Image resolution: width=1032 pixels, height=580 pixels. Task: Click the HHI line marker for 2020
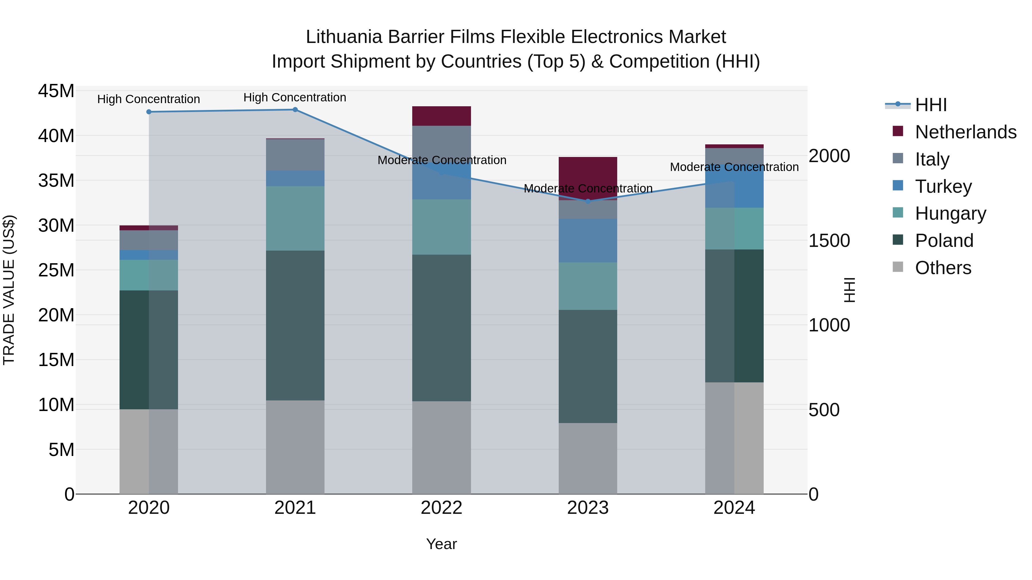[148, 112]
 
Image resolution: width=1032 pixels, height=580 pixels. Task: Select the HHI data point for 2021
[295, 109]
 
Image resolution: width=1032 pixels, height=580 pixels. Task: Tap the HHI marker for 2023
[588, 201]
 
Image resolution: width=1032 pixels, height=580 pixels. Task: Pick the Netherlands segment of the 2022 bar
[441, 116]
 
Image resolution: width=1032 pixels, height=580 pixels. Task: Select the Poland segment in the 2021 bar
[295, 325]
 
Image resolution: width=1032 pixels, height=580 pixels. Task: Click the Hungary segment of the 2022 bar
[441, 227]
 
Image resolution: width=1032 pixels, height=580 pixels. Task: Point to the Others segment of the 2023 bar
[588, 458]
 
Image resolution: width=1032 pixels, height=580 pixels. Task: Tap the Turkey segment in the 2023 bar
[588, 240]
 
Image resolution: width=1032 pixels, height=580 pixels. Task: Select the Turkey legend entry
[943, 186]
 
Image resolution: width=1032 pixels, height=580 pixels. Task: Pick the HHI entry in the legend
[931, 105]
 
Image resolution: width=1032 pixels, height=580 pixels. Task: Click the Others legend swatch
[898, 267]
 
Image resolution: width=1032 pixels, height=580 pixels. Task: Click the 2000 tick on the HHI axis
[829, 156]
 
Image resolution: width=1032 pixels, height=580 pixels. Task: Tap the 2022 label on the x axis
[441, 508]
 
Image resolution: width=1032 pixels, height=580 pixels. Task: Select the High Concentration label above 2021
[295, 97]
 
